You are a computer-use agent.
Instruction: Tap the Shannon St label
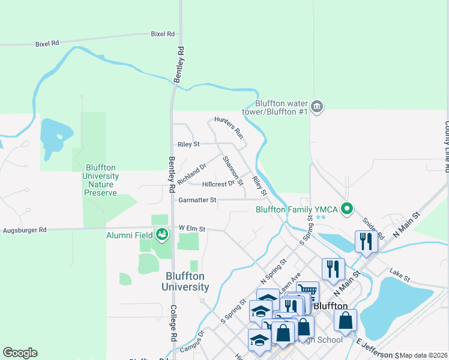coord(233,170)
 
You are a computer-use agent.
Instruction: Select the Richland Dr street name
coord(192,173)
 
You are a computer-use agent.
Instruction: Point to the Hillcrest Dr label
coord(218,184)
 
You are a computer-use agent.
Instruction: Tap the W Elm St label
coord(192,229)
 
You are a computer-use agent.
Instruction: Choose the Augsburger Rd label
coord(25,230)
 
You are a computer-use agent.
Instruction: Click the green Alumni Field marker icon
coord(161,234)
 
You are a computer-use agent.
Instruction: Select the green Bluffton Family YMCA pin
coord(346,209)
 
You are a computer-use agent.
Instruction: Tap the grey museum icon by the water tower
coord(318,107)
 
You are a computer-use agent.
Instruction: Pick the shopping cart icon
coord(307,290)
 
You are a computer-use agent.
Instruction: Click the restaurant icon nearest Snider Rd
coord(366,241)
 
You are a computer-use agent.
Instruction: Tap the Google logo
coord(20,353)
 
